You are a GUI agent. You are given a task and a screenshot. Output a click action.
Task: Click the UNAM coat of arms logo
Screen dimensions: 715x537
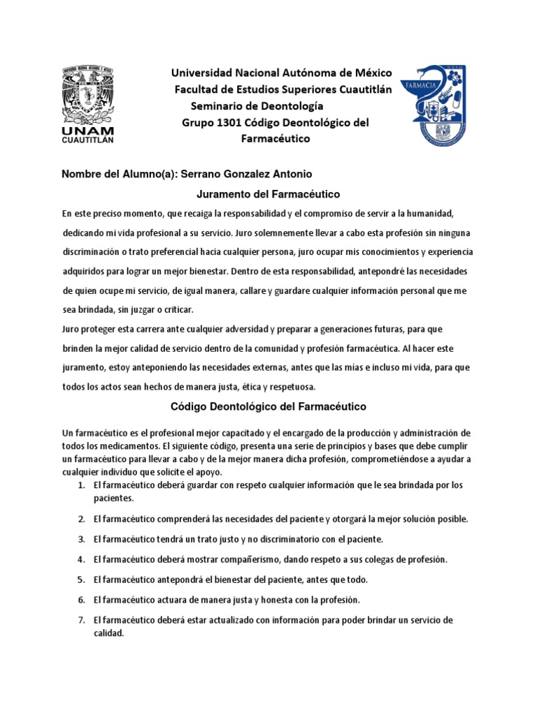pos(88,94)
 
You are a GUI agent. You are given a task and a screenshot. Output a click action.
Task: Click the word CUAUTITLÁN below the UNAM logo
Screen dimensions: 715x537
pos(88,139)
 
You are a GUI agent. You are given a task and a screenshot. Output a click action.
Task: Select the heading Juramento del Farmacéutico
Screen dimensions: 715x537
pos(266,193)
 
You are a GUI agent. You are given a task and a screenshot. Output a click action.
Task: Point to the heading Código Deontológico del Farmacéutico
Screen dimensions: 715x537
pos(268,406)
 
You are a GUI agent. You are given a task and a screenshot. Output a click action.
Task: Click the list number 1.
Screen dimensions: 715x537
pos(81,485)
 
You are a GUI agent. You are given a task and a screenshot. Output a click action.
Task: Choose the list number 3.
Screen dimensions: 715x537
pos(81,540)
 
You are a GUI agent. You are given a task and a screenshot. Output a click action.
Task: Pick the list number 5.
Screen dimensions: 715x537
pos(81,580)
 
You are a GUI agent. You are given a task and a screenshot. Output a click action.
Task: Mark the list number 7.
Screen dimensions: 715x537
pos(81,620)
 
